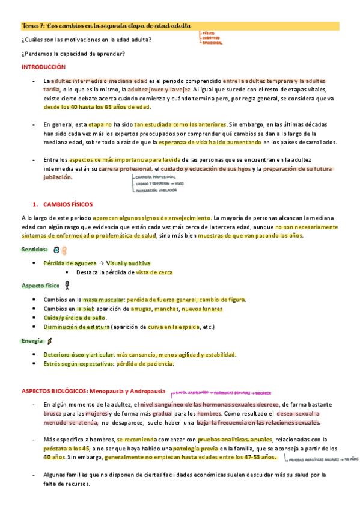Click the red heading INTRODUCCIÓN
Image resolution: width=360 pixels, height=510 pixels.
[x=43, y=67]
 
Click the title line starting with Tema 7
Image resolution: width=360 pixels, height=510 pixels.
[x=107, y=26]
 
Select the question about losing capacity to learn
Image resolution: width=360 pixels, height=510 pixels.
[x=73, y=54]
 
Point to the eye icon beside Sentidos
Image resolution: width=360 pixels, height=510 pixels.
[x=56, y=249]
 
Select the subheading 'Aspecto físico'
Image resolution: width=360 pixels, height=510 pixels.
[x=40, y=286]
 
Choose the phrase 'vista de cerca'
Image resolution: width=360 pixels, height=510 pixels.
[x=154, y=272]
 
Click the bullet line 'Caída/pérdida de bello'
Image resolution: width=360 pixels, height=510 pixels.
[x=75, y=318]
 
